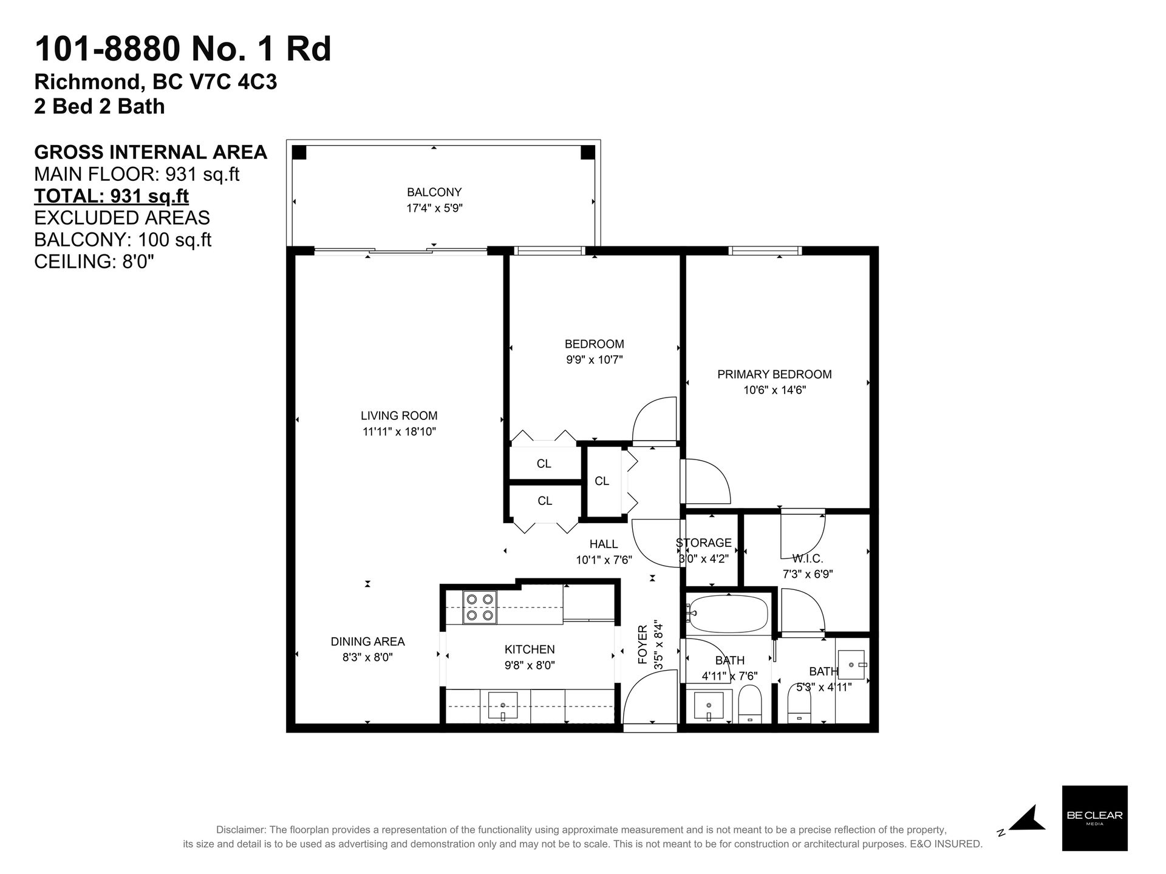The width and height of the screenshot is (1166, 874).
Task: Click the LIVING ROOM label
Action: [399, 416]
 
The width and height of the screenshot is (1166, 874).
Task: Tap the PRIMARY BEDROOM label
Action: [774, 374]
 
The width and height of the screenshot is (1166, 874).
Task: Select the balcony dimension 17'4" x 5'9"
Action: [434, 208]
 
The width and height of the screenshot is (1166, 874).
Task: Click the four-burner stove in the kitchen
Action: [479, 607]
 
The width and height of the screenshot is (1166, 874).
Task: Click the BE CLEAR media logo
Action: [1094, 818]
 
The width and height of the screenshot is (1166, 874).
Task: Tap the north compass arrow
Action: [1028, 819]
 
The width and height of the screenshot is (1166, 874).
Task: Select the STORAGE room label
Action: [704, 543]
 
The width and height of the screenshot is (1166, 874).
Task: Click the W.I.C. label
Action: [808, 558]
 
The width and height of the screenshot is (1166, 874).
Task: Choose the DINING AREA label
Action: [367, 642]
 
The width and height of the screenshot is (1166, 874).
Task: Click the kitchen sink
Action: [503, 706]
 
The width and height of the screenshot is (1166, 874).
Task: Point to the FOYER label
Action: [642, 645]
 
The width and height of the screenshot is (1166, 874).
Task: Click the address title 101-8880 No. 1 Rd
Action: [183, 49]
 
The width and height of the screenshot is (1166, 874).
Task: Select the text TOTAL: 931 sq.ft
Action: [111, 196]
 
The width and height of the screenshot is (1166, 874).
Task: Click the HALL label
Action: [604, 544]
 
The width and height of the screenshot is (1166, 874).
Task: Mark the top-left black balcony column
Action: [299, 152]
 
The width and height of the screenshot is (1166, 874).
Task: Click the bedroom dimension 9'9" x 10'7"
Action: [595, 360]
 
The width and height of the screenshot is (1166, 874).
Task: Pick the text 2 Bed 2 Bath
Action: [100, 106]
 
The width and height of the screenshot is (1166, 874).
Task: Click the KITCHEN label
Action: [530, 649]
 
